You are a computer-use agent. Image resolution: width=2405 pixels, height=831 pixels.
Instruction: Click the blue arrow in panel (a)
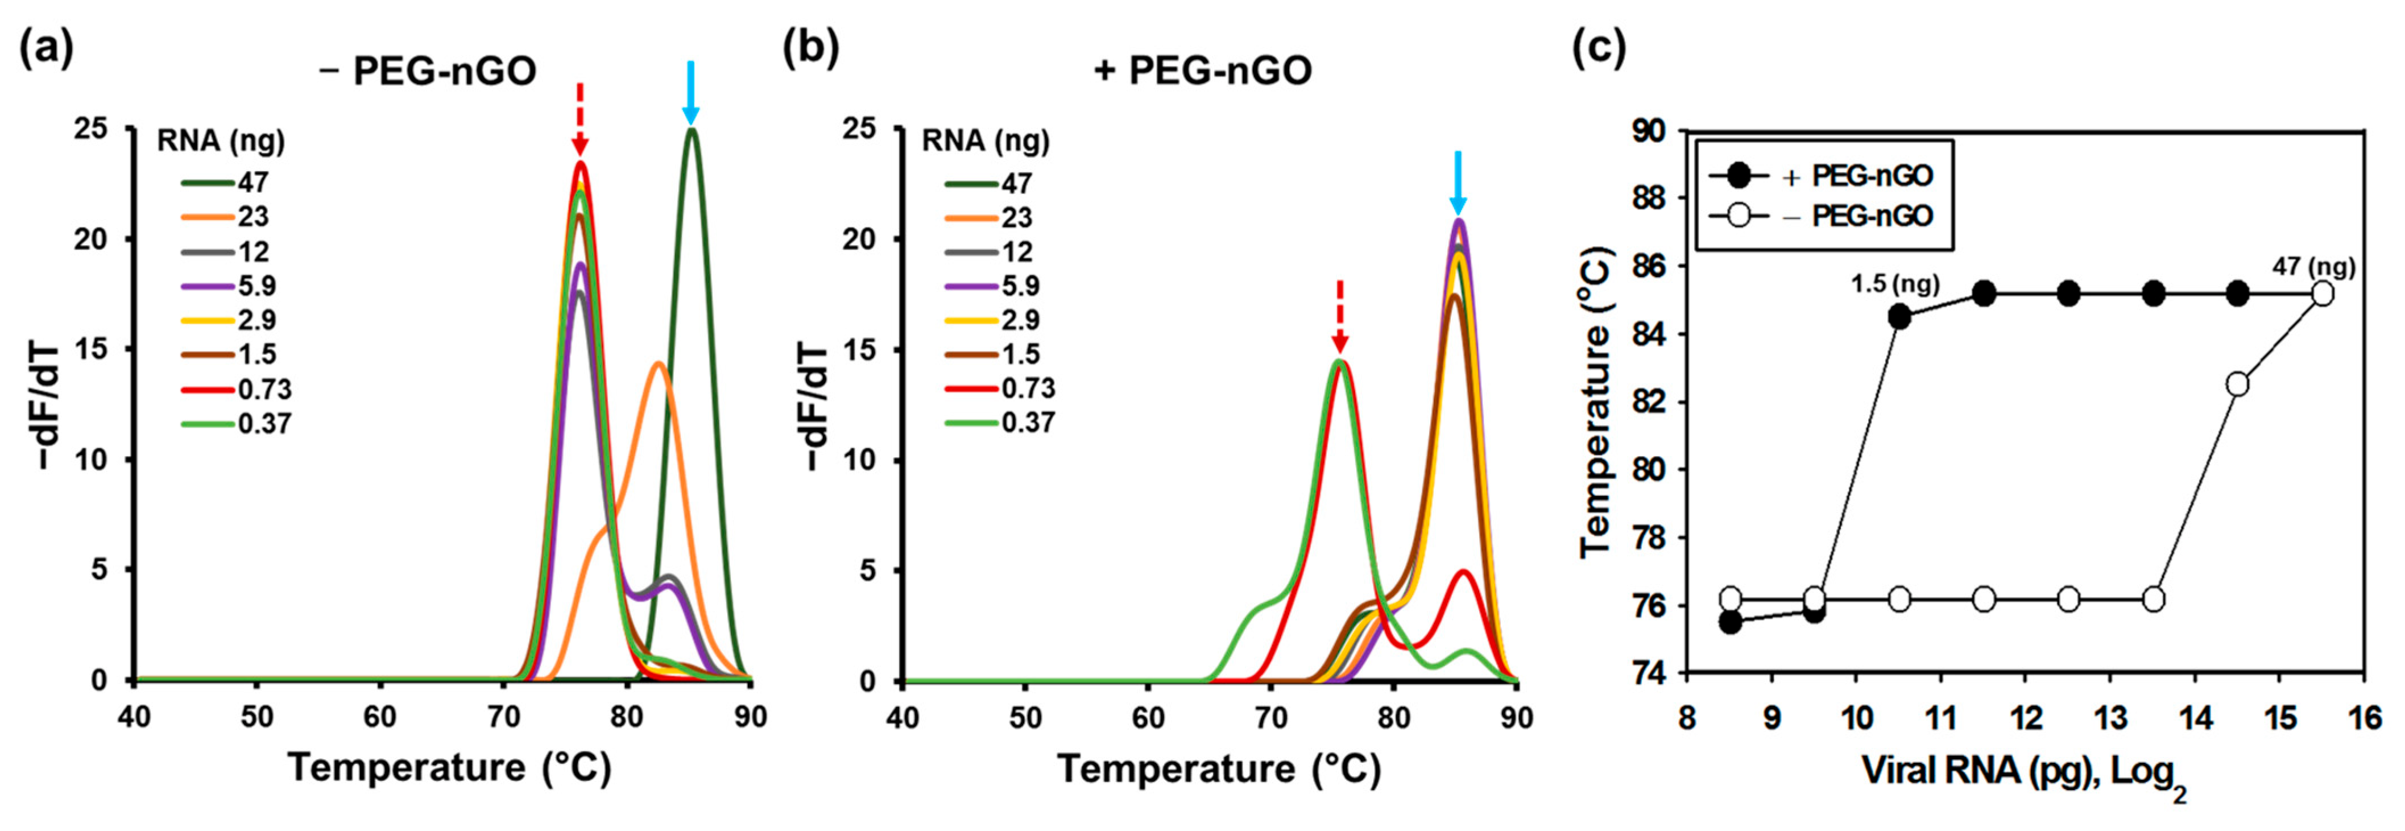point(690,93)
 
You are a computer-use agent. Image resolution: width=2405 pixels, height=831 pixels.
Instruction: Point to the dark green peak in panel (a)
point(692,131)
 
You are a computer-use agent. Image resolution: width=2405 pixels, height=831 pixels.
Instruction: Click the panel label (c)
point(1599,47)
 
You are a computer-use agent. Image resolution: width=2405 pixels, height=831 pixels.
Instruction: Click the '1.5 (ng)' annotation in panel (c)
point(1895,283)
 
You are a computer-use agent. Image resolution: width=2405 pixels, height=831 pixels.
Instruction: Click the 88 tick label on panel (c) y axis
point(1649,198)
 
